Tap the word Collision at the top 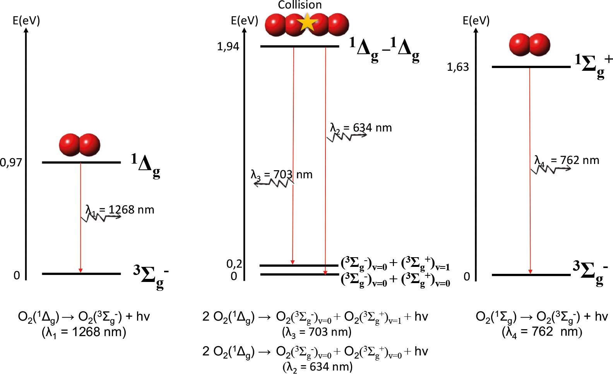300,5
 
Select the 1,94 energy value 228,47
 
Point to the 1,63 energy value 458,67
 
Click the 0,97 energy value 11,163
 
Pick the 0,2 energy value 234,264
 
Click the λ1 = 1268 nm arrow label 120,210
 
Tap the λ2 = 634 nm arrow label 361,128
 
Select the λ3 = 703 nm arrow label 281,175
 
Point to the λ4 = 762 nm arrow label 567,161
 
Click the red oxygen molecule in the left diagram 79,145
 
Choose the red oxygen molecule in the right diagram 529,44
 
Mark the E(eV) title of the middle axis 245,20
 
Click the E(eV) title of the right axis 476,20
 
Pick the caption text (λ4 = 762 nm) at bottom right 542,332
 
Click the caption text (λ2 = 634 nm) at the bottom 318,367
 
